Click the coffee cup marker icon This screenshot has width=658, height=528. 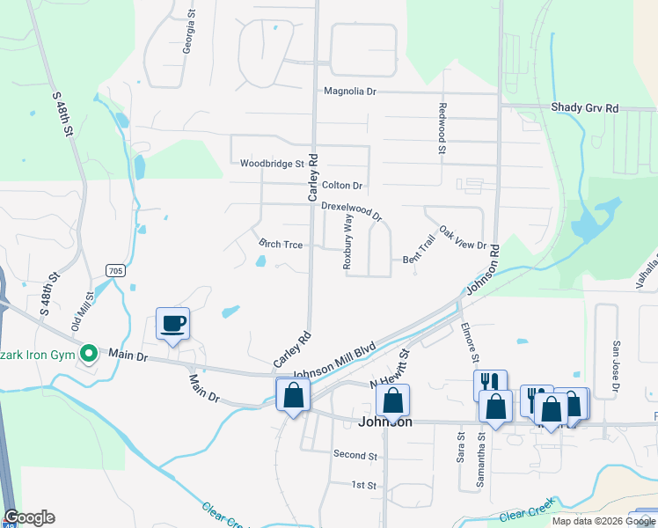point(172,323)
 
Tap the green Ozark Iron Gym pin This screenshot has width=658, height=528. point(88,354)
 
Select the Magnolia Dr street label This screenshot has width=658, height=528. point(349,91)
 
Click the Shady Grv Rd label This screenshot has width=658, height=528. point(585,107)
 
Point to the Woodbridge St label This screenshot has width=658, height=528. point(271,164)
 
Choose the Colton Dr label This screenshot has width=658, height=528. point(342,186)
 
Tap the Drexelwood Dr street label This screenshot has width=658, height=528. point(352,210)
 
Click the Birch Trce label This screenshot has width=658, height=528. point(281,244)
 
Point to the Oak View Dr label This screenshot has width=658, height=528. point(463,236)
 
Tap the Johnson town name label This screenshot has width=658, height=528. point(385,422)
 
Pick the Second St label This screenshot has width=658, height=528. point(355,455)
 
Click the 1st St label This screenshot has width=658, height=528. point(363,485)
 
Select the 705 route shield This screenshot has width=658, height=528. point(114,271)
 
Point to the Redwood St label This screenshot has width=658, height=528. point(442,128)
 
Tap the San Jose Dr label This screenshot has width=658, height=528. point(616,365)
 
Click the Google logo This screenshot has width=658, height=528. point(29,517)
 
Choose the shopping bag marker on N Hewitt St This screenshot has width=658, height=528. point(392,400)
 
